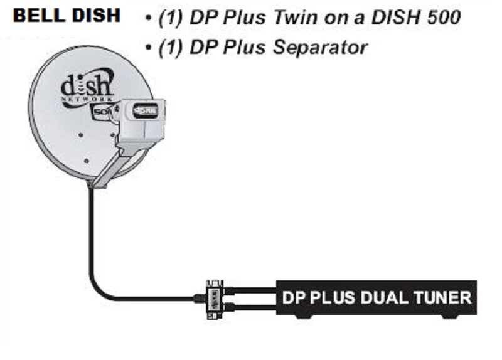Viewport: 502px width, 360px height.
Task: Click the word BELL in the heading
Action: tap(35, 16)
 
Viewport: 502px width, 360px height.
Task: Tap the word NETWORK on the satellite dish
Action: tap(86, 99)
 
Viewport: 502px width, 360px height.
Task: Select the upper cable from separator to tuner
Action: tap(251, 289)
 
